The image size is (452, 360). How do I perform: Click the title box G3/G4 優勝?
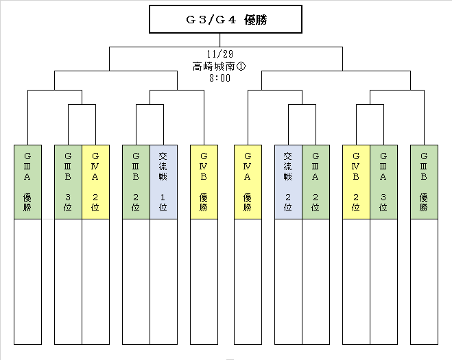point(226,19)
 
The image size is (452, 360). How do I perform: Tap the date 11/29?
point(220,54)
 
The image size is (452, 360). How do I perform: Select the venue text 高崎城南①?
point(219,67)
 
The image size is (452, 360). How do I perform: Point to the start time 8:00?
point(220,77)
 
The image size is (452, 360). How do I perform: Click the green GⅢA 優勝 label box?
point(27,182)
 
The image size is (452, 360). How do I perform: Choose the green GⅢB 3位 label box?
point(69,182)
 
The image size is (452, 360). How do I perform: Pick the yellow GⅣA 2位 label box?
point(96,182)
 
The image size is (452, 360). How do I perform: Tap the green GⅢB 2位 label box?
point(136,182)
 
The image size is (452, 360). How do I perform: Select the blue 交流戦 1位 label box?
point(163,182)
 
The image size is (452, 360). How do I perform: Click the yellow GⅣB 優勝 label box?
point(204,182)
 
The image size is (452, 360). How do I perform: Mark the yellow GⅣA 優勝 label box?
point(248,182)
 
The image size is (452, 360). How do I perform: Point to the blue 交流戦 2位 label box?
point(288,182)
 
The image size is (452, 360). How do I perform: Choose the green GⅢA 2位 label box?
point(316,182)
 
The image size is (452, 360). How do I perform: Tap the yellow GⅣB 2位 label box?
point(356,182)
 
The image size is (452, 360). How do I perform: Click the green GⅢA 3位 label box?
point(383,182)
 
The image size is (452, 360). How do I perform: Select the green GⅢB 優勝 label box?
point(424,182)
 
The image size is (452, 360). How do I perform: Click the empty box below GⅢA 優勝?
point(27,282)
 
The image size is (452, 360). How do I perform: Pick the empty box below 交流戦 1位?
point(163,282)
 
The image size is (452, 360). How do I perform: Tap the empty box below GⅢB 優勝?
point(424,282)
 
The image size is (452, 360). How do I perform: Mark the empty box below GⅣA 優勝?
point(248,282)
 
